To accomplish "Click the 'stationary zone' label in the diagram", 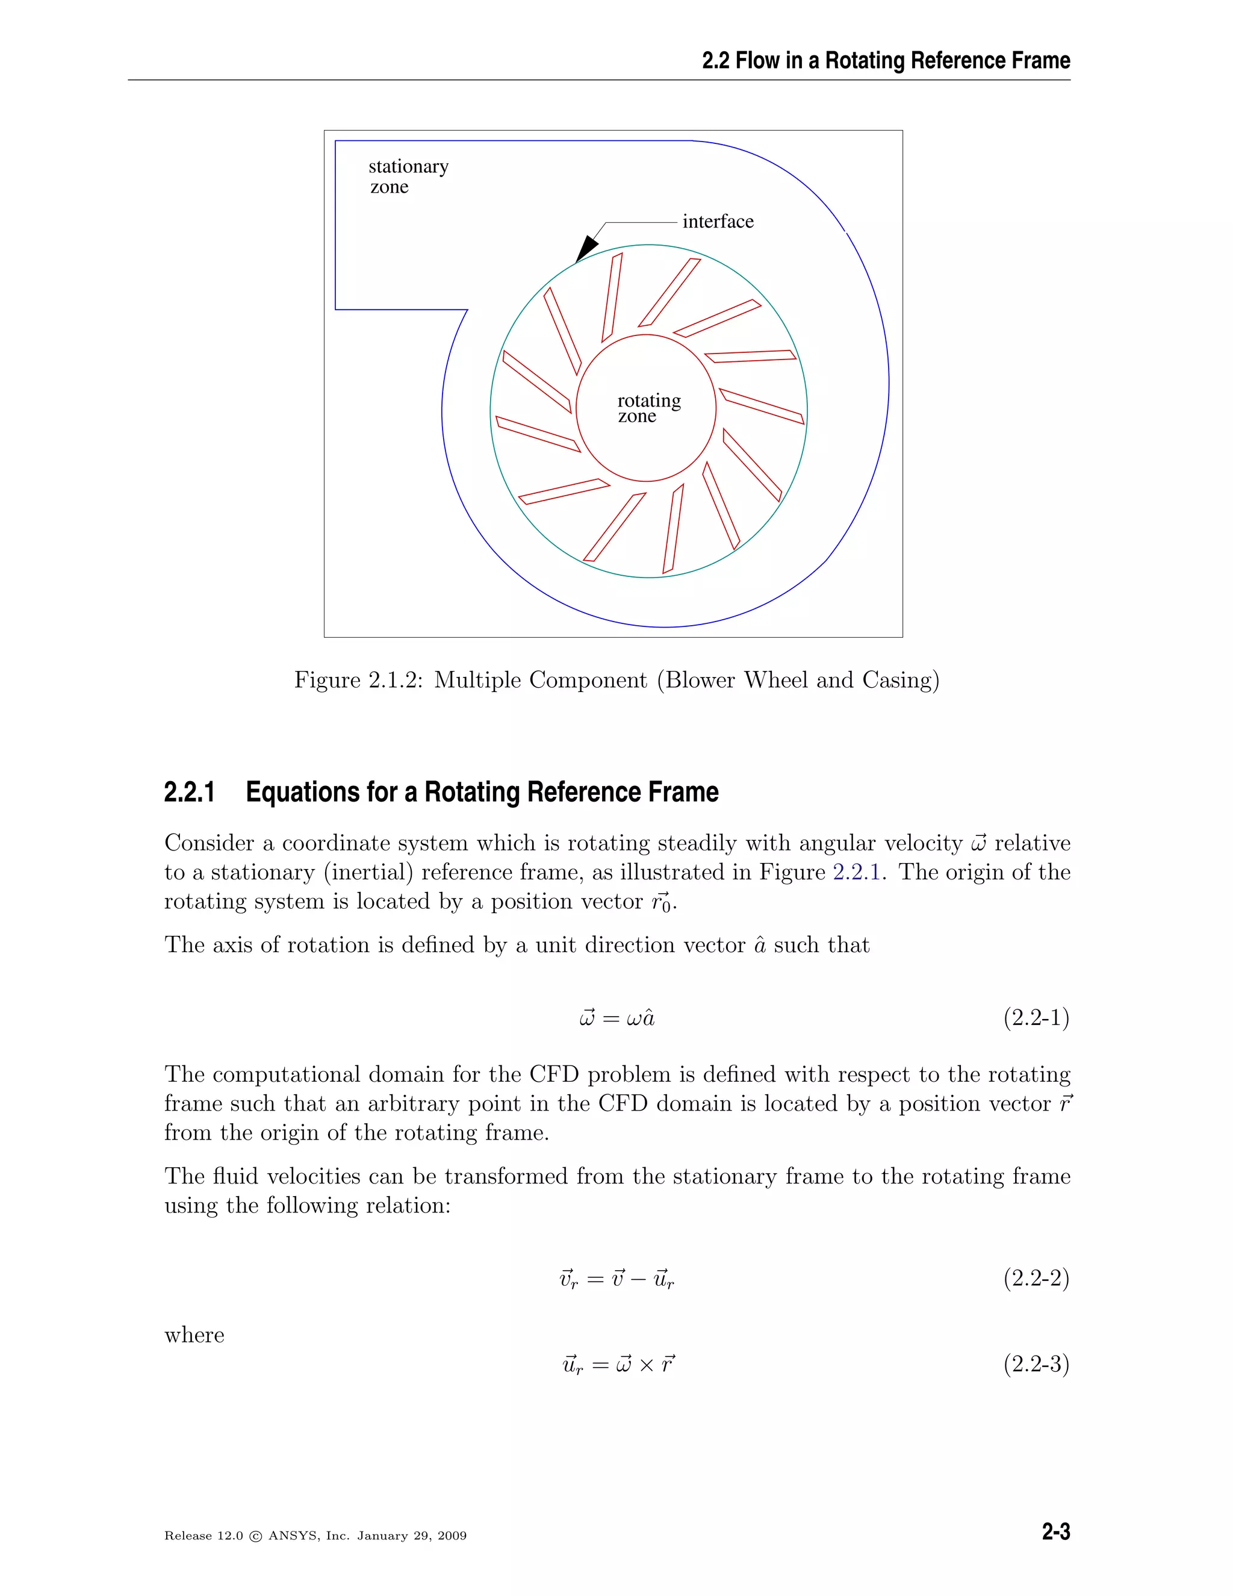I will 408,176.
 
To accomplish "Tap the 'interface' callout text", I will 717,222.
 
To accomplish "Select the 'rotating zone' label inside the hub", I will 647,408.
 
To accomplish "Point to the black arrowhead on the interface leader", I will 586,249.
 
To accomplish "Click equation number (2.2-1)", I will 1036,1017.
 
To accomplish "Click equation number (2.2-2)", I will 1036,1278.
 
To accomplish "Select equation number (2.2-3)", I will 1036,1364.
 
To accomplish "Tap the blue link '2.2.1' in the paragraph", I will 856,872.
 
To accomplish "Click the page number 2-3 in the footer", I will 1055,1532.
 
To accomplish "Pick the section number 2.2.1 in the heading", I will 189,792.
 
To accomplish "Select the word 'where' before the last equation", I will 194,1335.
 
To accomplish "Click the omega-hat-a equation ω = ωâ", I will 616,1018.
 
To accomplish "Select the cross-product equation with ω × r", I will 618,1364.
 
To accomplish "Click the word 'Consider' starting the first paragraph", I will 209,843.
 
